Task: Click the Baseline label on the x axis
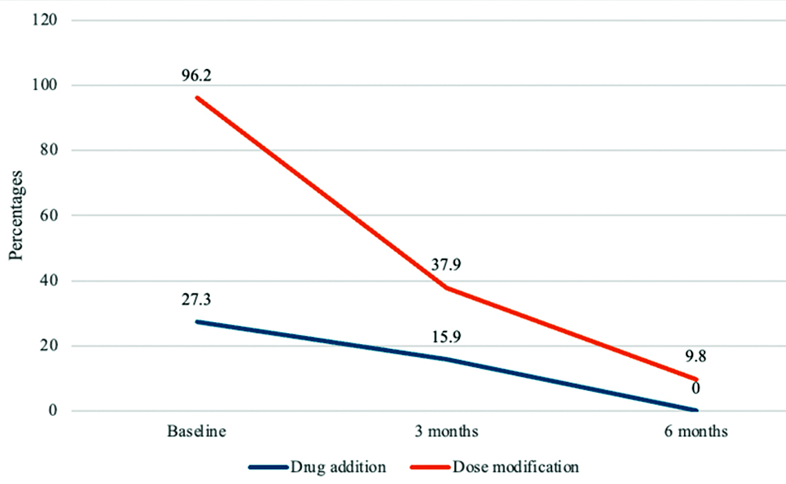(x=197, y=433)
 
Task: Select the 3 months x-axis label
(x=447, y=433)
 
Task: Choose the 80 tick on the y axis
(x=48, y=150)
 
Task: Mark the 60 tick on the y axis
(x=48, y=216)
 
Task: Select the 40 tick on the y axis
(x=48, y=281)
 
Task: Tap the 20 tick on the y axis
(x=48, y=346)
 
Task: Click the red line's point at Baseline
(x=197, y=97)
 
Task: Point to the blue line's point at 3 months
(x=447, y=359)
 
